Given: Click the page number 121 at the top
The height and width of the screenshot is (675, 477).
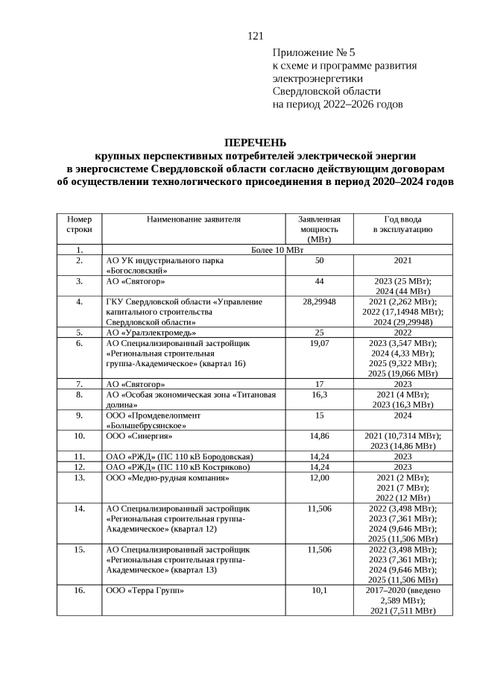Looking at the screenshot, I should tap(256, 36).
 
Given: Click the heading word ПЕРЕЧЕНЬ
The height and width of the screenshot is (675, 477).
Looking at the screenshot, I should tap(255, 143).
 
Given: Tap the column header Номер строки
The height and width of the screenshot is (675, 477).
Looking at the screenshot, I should tap(79, 225).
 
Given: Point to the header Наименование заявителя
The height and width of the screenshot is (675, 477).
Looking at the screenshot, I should tap(194, 219).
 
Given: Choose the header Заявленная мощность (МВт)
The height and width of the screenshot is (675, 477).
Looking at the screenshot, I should tap(319, 229).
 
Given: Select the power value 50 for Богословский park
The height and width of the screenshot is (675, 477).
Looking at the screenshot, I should tap(319, 260).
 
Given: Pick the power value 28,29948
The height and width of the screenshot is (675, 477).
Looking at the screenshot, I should tap(319, 301).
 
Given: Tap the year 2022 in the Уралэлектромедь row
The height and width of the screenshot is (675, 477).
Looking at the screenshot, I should tap(402, 332).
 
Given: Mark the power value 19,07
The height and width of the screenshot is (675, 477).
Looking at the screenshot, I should tap(319, 343).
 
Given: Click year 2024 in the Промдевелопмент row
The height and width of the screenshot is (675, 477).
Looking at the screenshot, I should tap(402, 415).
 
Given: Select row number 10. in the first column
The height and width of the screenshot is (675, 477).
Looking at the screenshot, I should tap(79, 435).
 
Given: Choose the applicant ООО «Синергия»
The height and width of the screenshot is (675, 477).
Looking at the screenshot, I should tap(139, 435).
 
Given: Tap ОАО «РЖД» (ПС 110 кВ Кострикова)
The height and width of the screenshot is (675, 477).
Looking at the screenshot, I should tap(177, 466).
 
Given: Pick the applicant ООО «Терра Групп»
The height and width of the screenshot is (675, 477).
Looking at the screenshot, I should tap(145, 590).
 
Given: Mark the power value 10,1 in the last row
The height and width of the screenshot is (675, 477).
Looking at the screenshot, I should tap(319, 590).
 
